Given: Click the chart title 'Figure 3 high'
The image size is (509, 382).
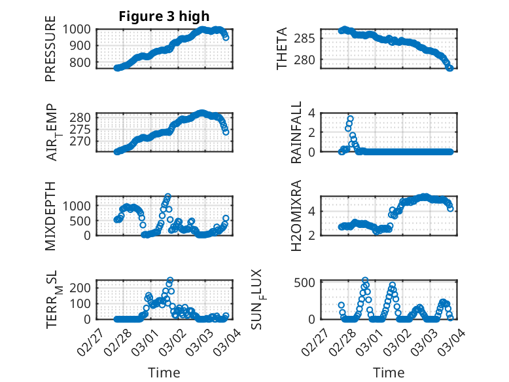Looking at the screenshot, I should point(164,16).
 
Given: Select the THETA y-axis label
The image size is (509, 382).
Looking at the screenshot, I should point(282,48).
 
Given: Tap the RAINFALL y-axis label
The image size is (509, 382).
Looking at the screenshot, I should point(296,132).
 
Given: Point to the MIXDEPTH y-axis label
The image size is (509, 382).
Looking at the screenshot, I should point(50,216).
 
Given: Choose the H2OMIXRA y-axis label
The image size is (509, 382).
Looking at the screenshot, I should point(296,216).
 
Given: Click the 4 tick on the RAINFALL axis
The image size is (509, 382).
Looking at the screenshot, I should point(312,113).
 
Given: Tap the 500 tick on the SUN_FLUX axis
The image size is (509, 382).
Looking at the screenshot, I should point(308,282).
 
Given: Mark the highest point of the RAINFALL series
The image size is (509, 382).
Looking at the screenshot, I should point(351,119).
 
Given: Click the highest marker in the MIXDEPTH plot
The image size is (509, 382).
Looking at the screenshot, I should point(168,196).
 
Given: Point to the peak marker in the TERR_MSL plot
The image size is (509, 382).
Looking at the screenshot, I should point(170,280).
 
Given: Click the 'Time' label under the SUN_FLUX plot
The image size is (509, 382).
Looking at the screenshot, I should point(389,373).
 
